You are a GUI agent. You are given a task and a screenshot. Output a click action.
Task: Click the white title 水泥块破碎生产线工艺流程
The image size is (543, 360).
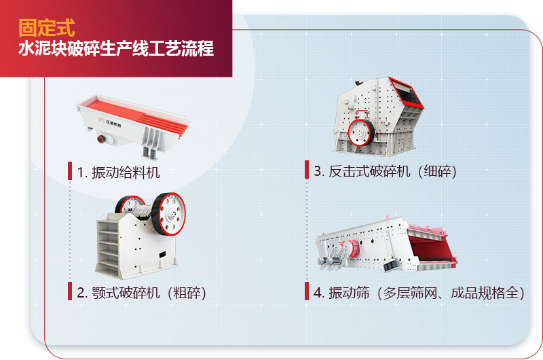(x=116, y=50)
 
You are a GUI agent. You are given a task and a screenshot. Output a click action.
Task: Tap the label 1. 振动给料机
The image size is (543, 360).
(x=119, y=172)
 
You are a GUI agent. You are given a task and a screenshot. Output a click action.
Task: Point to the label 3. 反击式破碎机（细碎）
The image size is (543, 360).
(x=386, y=171)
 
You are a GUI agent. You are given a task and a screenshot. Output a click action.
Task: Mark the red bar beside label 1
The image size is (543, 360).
(x=69, y=171)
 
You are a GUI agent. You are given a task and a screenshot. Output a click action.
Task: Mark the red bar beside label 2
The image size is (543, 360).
(x=69, y=292)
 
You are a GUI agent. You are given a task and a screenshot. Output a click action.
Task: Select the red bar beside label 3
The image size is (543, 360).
(x=306, y=170)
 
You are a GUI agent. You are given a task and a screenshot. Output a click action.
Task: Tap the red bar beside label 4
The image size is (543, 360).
(x=306, y=292)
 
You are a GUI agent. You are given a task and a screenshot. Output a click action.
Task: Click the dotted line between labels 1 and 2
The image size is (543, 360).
(x=69, y=231)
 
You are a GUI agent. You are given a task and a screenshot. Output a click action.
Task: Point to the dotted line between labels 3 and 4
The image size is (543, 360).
(x=306, y=231)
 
